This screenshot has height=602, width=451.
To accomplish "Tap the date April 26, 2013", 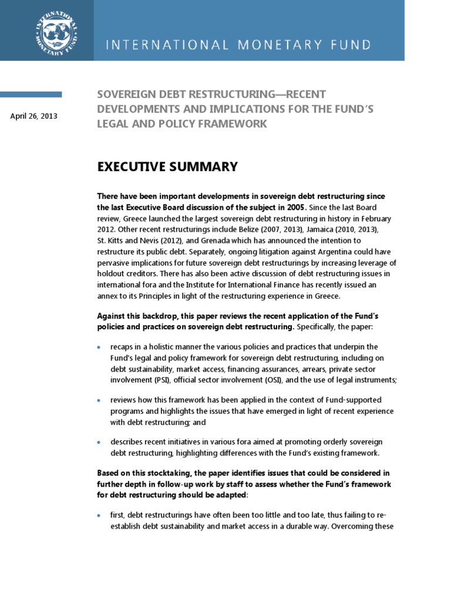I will [34, 116].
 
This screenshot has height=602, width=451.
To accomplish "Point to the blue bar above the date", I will [31, 94].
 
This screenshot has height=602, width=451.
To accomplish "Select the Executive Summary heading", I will [167, 167].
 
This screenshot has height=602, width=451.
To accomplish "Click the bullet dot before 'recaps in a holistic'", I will [99, 347].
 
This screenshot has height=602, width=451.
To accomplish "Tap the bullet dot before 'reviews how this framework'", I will [99, 400].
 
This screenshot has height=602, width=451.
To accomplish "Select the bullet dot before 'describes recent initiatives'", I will [99, 442].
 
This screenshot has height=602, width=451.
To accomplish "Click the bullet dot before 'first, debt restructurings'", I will [99, 516].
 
